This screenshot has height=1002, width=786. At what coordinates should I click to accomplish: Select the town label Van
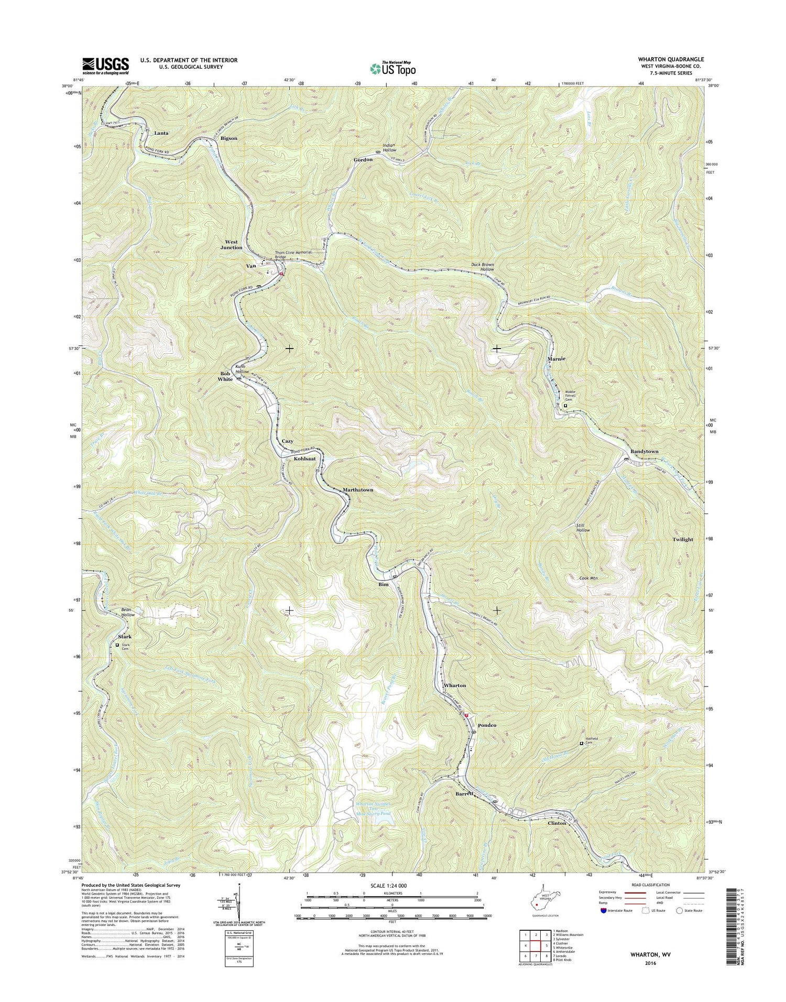click(x=252, y=266)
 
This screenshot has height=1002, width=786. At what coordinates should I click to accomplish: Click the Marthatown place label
click(x=358, y=490)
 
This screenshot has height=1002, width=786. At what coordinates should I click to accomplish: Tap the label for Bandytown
click(x=644, y=451)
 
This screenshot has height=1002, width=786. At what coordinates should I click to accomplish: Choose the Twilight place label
click(x=683, y=539)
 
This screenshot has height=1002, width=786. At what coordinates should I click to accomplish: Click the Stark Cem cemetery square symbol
click(x=117, y=645)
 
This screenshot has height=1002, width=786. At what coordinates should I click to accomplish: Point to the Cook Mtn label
click(x=589, y=578)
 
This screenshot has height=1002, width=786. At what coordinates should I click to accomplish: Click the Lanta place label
click(x=161, y=133)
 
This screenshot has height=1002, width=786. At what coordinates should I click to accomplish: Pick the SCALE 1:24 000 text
click(x=392, y=886)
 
